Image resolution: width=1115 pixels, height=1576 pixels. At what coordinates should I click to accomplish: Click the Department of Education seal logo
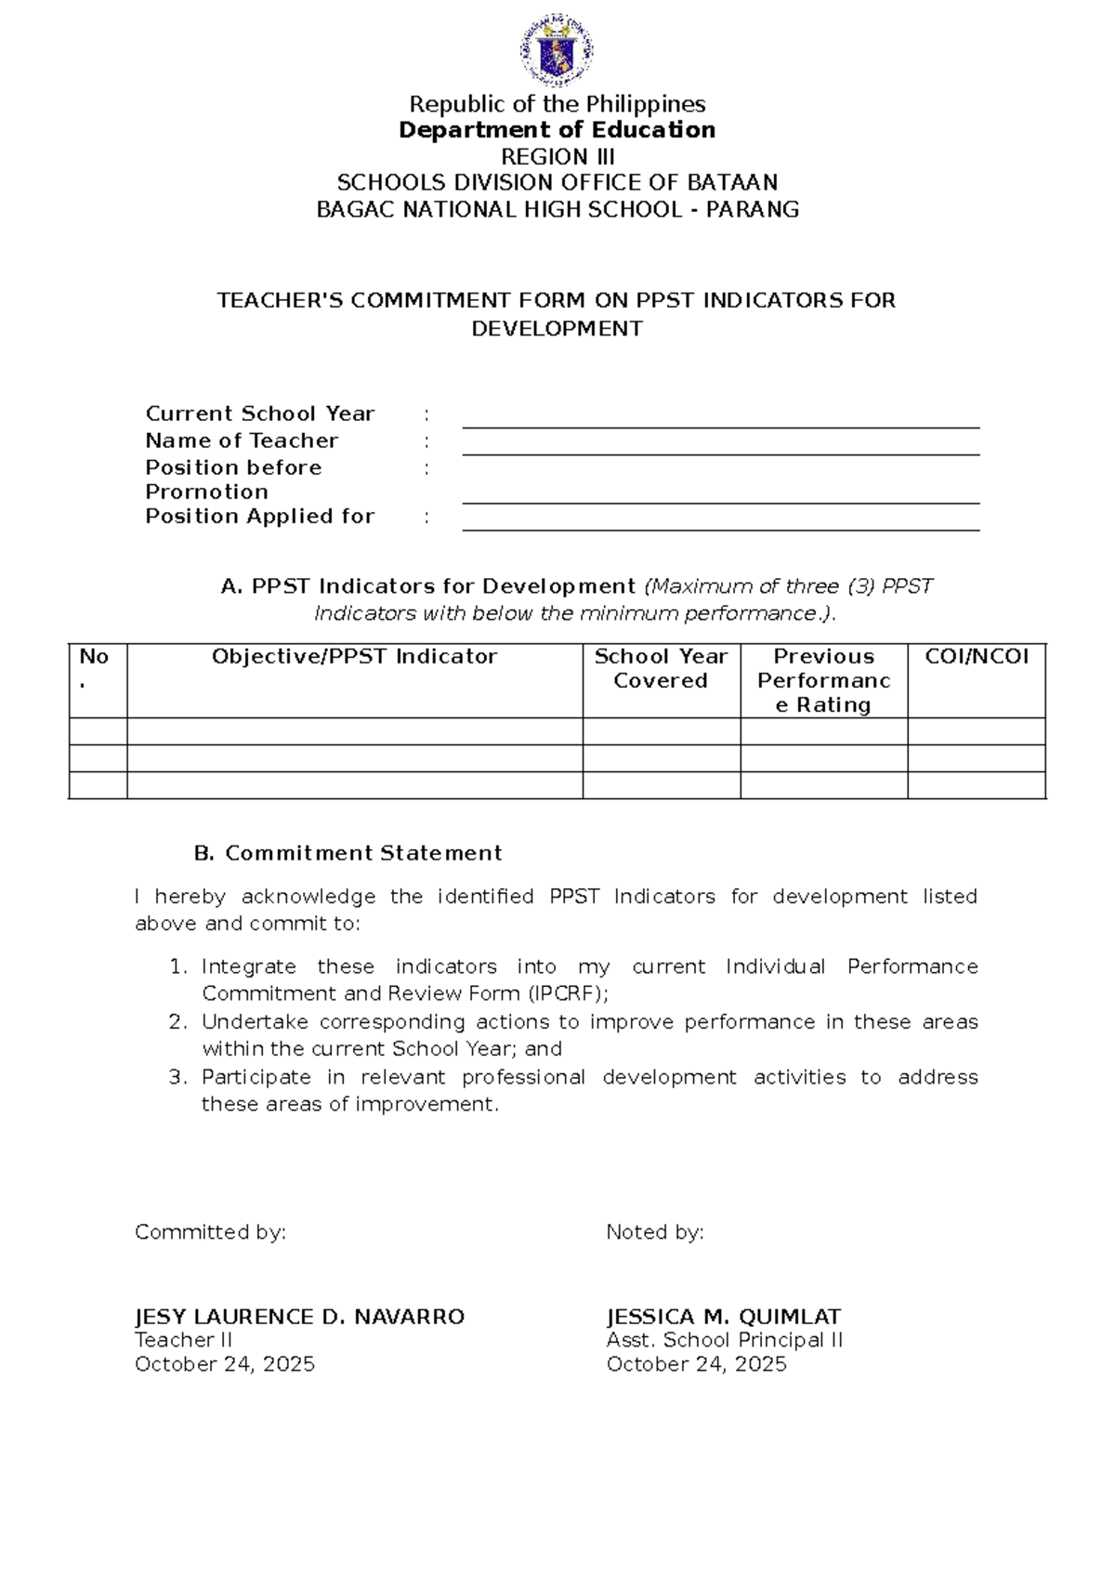click(x=557, y=50)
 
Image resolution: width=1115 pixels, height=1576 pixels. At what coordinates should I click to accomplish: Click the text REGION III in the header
click(x=557, y=156)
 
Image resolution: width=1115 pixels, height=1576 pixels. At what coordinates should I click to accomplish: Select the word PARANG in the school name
click(x=753, y=209)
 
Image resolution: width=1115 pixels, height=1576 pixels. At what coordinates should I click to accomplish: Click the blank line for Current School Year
click(x=720, y=419)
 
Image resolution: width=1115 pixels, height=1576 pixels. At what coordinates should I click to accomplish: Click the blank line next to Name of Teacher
click(x=720, y=446)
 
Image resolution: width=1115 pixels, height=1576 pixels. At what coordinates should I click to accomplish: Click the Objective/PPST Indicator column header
click(x=354, y=657)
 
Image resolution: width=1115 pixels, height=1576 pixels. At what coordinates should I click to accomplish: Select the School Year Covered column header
click(x=661, y=668)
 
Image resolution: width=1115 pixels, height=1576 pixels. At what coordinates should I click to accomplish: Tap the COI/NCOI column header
click(x=977, y=657)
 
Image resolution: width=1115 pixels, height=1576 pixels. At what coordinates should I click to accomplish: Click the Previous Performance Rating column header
click(x=823, y=680)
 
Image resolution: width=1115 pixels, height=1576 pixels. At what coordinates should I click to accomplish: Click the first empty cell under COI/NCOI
click(x=977, y=731)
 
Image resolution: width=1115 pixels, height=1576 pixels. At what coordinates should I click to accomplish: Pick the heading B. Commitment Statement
click(x=348, y=853)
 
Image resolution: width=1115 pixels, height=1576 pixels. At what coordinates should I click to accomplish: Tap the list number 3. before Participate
click(x=177, y=1077)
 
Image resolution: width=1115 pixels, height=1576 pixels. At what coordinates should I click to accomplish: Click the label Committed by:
click(x=210, y=1232)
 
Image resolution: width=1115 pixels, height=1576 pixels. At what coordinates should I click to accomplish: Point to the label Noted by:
click(x=655, y=1232)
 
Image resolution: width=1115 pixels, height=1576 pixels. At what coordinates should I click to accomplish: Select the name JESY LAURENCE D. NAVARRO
click(x=299, y=1317)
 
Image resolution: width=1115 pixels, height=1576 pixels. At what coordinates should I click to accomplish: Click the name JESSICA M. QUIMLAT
click(x=723, y=1317)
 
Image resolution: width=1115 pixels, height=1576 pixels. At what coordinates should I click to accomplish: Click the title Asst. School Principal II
click(x=724, y=1340)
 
